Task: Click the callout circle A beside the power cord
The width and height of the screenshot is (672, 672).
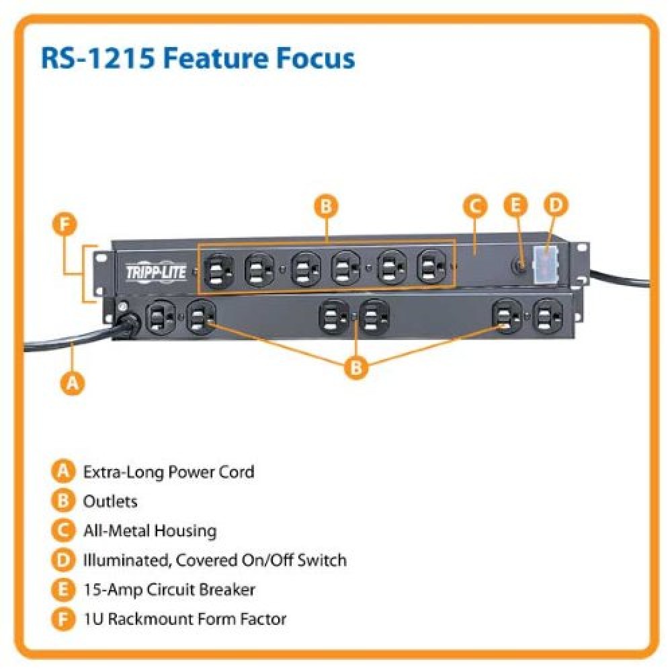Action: pos(73,383)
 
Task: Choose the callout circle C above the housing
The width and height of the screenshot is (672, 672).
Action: pos(474,207)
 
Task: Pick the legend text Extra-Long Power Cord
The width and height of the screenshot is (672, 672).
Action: pos(168,472)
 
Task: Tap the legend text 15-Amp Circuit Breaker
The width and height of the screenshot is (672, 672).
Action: pos(169,589)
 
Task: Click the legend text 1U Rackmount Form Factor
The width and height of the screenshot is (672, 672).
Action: pos(184,619)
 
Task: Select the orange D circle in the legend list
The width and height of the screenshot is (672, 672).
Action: pos(62,560)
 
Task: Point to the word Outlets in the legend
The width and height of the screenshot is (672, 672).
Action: pos(110,501)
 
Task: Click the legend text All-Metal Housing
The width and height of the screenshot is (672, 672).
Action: pos(149,531)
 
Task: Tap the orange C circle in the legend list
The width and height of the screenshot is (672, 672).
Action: pos(62,531)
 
